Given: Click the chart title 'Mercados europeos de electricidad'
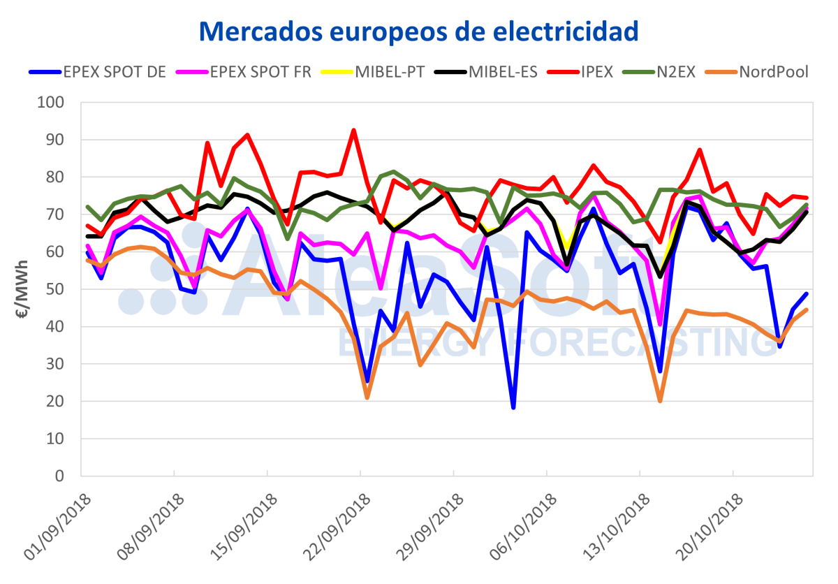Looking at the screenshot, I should click(419, 30).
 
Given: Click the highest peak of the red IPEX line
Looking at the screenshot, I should click(354, 130).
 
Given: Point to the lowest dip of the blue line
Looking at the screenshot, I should click(513, 407).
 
